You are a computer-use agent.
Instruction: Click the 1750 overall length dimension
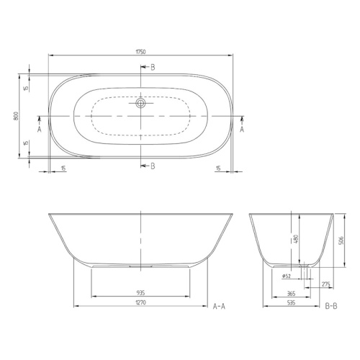140,52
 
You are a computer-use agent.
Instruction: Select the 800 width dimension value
16,116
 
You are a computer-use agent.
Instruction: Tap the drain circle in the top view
140,103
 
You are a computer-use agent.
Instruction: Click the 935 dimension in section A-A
140,293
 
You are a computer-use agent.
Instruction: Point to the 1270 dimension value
140,302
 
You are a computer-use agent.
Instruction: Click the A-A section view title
219,306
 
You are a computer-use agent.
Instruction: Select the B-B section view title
331,306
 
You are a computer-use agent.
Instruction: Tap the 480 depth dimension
296,239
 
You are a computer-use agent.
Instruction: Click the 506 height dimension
341,240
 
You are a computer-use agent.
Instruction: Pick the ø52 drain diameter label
287,276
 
